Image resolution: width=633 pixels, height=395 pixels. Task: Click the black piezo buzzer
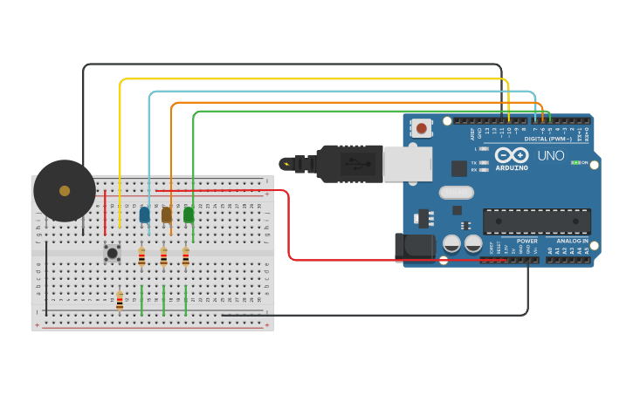click(65, 190)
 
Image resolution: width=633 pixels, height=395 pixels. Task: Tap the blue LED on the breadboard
click(144, 215)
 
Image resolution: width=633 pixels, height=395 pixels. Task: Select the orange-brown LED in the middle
click(166, 215)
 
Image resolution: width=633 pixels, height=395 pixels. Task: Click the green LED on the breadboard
click(189, 215)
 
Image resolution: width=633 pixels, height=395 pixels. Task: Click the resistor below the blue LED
click(141, 256)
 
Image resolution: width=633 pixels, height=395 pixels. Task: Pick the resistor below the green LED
click(185, 256)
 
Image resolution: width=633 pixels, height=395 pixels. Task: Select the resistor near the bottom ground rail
click(120, 301)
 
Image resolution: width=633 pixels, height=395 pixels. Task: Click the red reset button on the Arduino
click(422, 128)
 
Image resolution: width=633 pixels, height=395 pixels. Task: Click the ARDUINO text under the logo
click(512, 167)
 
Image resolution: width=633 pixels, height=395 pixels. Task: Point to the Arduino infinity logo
click(512, 154)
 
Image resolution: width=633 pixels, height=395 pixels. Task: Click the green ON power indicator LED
click(575, 162)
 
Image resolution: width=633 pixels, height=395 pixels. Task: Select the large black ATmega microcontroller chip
click(536, 221)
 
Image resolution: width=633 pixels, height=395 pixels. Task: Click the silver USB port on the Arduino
click(407, 163)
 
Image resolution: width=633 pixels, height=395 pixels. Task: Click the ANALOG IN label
click(572, 241)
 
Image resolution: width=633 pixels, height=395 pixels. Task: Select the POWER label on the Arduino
click(526, 241)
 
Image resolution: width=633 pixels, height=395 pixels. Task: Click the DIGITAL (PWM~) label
click(547, 139)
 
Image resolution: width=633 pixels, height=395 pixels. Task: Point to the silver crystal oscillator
click(456, 193)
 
